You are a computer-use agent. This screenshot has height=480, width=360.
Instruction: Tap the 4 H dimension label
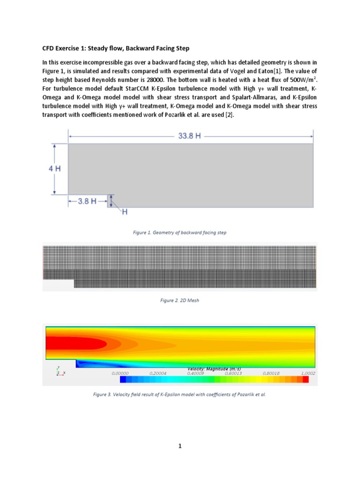click(x=54, y=169)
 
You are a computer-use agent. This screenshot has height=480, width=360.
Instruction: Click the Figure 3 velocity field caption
click(x=180, y=395)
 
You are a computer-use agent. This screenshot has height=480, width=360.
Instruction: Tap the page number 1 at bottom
click(x=180, y=446)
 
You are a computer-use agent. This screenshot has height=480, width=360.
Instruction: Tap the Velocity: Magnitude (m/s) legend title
click(x=214, y=369)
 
